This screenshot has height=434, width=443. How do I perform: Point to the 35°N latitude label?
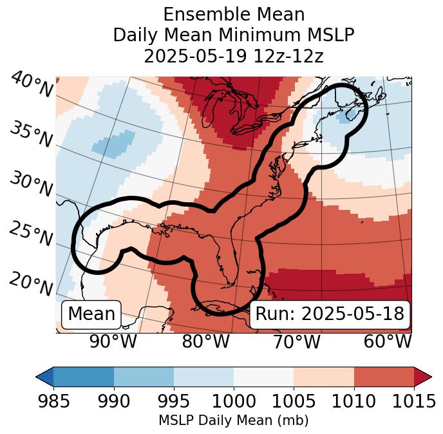click(x=31, y=134)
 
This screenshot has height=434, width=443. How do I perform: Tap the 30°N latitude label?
click(x=31, y=184)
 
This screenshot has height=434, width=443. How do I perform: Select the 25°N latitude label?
click(x=31, y=234)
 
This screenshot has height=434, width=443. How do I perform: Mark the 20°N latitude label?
click(x=31, y=283)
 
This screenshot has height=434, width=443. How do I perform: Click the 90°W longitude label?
click(x=113, y=341)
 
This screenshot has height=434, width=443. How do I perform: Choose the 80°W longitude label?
click(x=205, y=341)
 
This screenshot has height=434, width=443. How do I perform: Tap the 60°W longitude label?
click(x=388, y=341)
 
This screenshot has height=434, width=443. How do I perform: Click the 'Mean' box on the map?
click(x=91, y=314)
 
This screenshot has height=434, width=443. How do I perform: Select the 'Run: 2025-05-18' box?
click(x=330, y=314)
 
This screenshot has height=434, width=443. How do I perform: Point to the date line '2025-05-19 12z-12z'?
click(x=234, y=56)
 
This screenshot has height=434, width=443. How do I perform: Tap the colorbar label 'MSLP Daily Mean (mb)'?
click(x=234, y=420)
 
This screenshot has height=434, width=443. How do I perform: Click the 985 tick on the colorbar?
click(x=53, y=402)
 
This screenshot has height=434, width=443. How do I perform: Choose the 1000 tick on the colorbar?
click(x=234, y=402)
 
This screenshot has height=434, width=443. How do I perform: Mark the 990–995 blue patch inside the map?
click(x=115, y=143)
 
